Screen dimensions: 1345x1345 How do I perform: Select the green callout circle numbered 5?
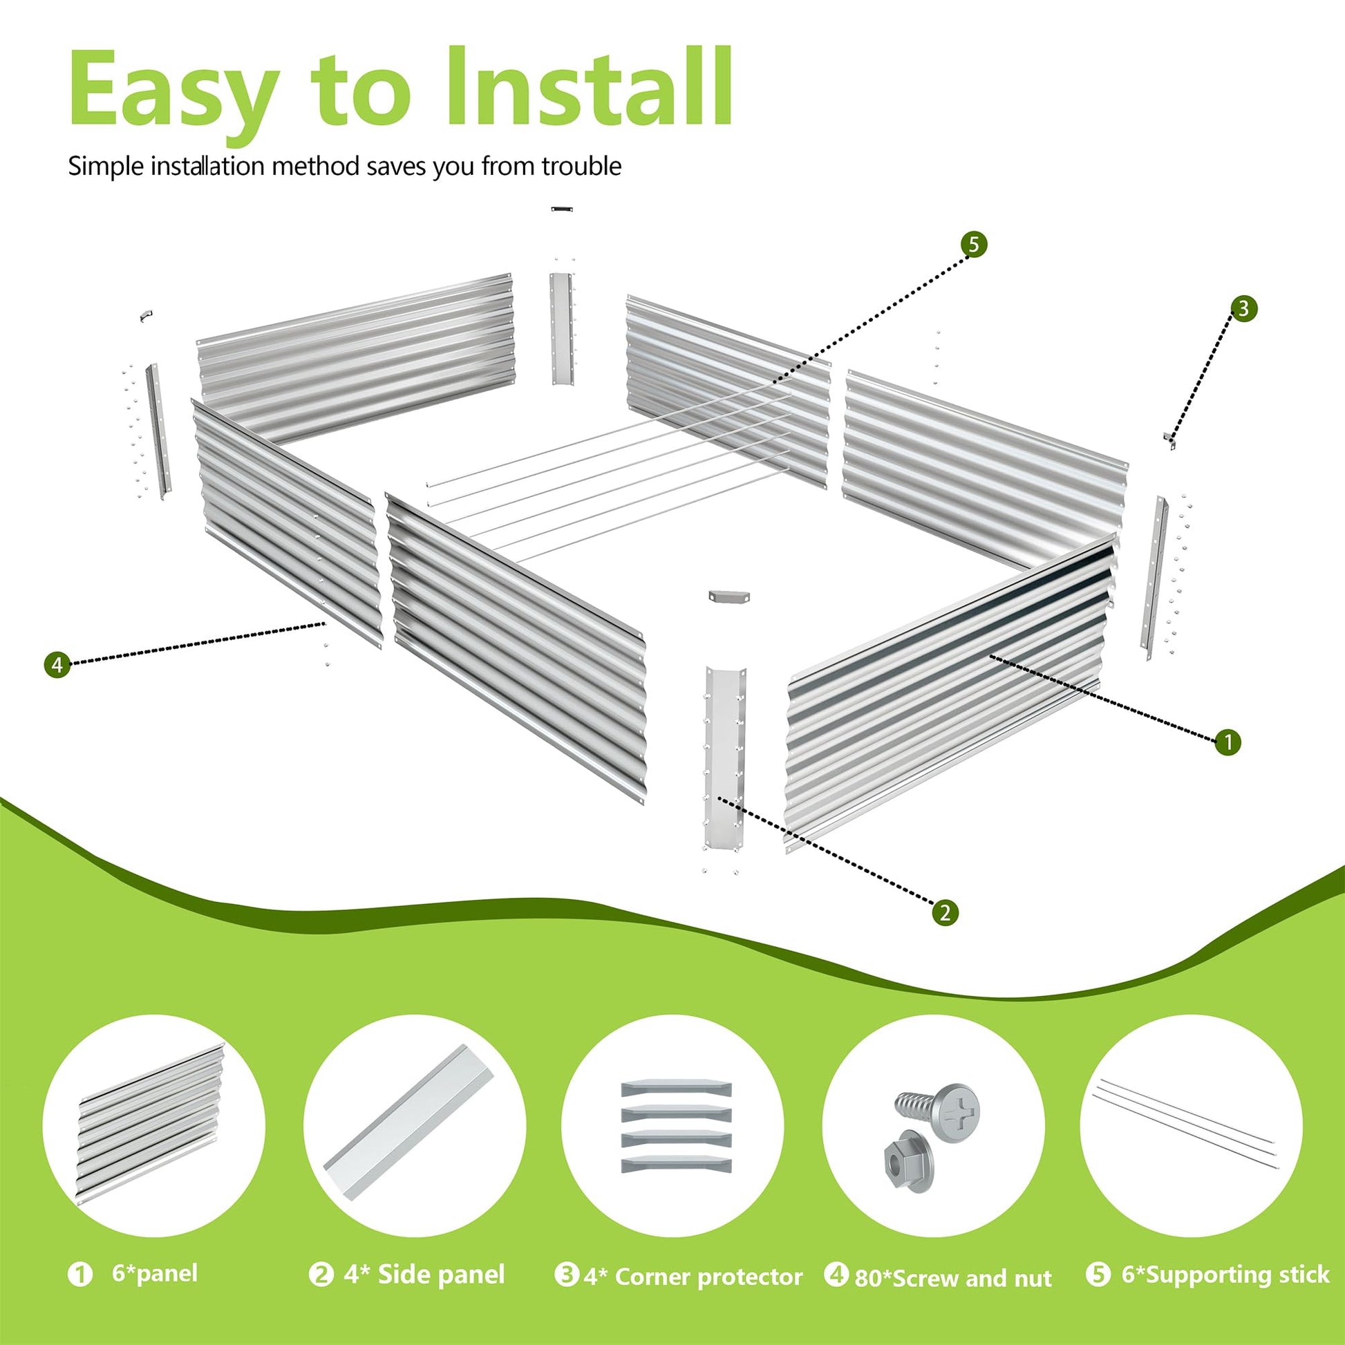click(973, 245)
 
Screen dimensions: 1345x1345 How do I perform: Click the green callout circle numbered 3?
click(1243, 308)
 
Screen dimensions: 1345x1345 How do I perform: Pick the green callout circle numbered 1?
click(1228, 742)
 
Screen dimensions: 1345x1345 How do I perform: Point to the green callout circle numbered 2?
click(944, 912)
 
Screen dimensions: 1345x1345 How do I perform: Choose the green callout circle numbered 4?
click(57, 664)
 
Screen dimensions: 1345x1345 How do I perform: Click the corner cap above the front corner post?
click(727, 596)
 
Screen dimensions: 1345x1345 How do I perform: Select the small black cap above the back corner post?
click(561, 208)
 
